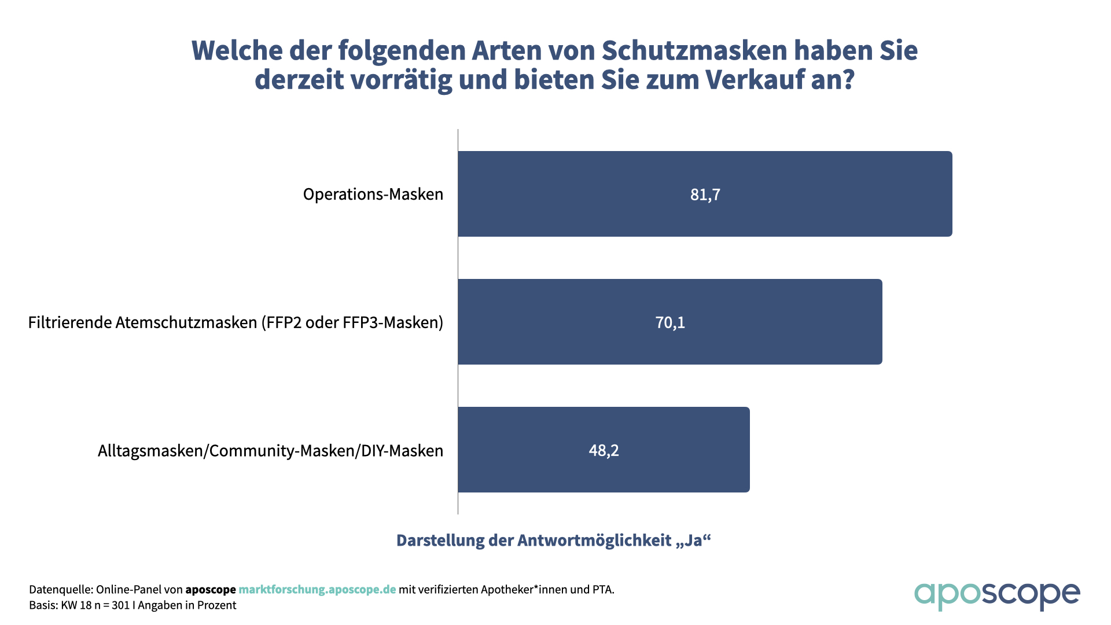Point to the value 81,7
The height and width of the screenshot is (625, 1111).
pos(705,194)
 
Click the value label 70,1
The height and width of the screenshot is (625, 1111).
pos(670,322)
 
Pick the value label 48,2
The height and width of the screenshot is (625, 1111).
pos(604,450)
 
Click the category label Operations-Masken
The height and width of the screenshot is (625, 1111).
pos(373,194)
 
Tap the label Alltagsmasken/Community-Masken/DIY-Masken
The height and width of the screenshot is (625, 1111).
pos(270,451)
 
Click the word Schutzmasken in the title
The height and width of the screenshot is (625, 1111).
pos(694,51)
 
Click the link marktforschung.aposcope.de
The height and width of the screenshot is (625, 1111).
pos(317,590)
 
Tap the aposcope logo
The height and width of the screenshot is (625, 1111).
pos(996,595)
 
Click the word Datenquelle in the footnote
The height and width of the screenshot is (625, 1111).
pos(60,590)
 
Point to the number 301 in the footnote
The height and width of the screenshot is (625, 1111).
pos(121,605)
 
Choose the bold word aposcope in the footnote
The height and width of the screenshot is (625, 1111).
pos(211,590)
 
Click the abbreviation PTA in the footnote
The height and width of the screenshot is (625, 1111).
pos(602,590)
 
